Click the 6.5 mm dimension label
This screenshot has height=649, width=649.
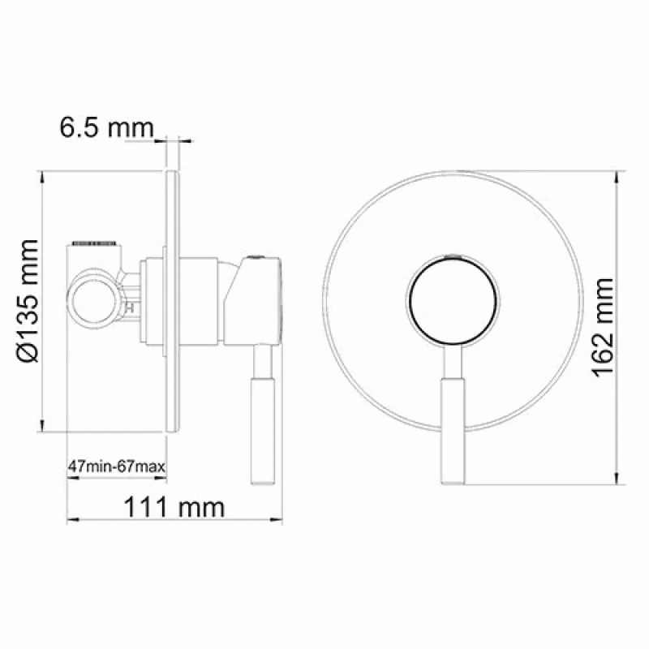pos(107,127)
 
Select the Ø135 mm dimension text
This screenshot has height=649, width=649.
pos(28,301)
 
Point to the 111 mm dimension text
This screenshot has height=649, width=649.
pos(174,507)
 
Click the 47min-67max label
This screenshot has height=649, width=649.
pos(117,466)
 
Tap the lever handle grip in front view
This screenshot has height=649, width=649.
pos(453,432)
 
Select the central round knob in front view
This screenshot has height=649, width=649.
pos(453,299)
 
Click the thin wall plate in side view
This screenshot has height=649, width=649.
pos(173,301)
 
